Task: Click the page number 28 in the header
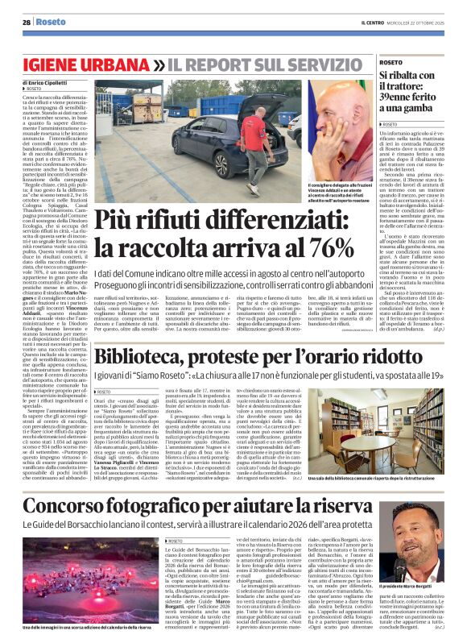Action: coord(26,22)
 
